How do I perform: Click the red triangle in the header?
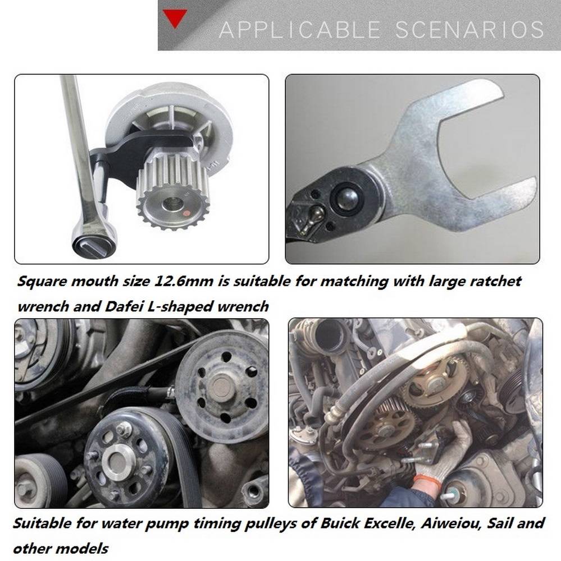175,18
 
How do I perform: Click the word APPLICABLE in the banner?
299,30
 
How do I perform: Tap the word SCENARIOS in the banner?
469,30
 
